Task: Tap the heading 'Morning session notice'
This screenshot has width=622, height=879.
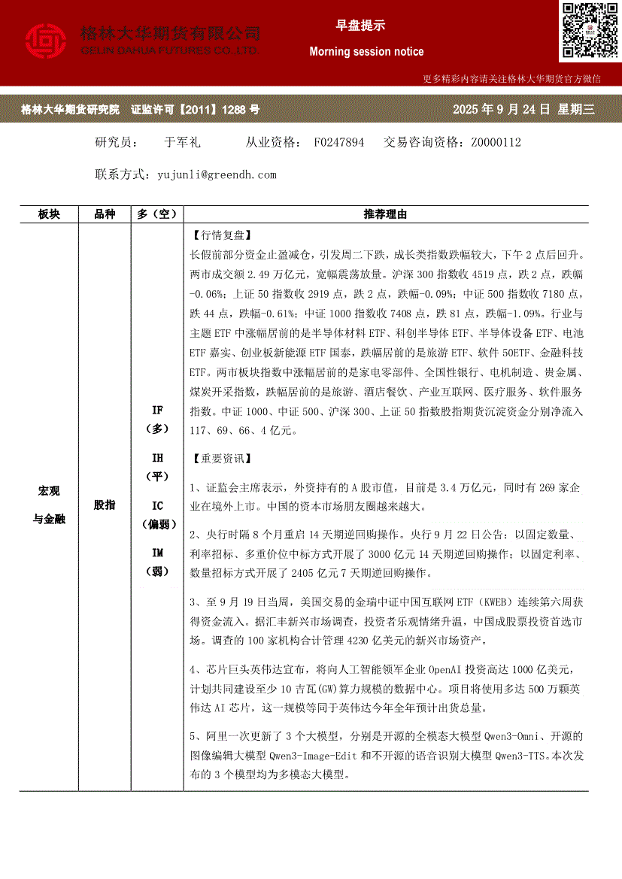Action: pos(366,52)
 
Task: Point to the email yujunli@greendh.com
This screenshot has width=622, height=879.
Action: pos(217,174)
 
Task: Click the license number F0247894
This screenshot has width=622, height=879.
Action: pos(338,142)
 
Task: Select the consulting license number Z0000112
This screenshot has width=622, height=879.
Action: pos(496,142)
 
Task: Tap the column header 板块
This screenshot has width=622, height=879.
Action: pos(49,214)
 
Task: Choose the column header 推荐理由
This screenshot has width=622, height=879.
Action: pos(385,214)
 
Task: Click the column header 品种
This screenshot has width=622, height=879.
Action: pos(105,214)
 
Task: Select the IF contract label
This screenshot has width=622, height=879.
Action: pos(157,411)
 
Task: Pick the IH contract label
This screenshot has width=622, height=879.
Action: pos(157,458)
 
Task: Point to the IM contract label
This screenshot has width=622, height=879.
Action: pos(157,553)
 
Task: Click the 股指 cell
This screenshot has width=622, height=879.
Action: pos(105,505)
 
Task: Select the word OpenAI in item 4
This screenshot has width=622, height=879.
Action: pos(450,670)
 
